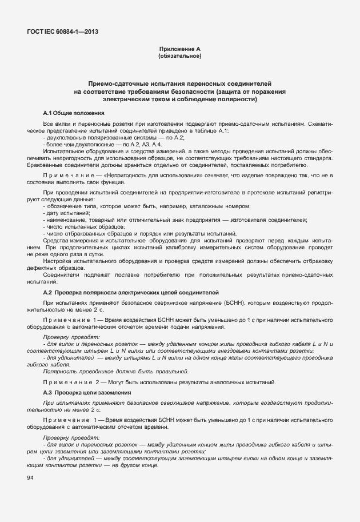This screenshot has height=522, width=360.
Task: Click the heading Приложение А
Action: click(179, 50)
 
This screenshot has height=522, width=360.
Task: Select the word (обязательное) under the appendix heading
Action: click(179, 57)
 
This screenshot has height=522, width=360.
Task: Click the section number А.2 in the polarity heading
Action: click(49, 292)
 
